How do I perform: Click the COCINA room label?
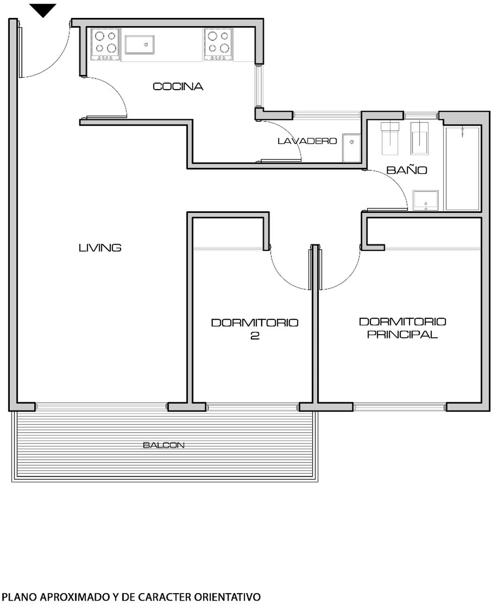click(x=178, y=86)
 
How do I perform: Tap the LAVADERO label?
click(x=307, y=141)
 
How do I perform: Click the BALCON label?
click(x=164, y=445)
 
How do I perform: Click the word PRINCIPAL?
click(x=403, y=334)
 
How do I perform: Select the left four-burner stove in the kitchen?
click(x=105, y=44)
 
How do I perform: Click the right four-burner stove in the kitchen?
click(x=218, y=44)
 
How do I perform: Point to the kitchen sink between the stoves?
click(x=140, y=45)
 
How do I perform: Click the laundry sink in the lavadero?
click(x=352, y=148)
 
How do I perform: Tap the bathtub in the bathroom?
click(x=462, y=169)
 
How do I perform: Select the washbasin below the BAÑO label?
click(x=425, y=200)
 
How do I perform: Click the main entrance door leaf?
click(x=21, y=52)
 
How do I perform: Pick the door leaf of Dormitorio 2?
click(x=310, y=270)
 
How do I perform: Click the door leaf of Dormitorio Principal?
click(x=321, y=270)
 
